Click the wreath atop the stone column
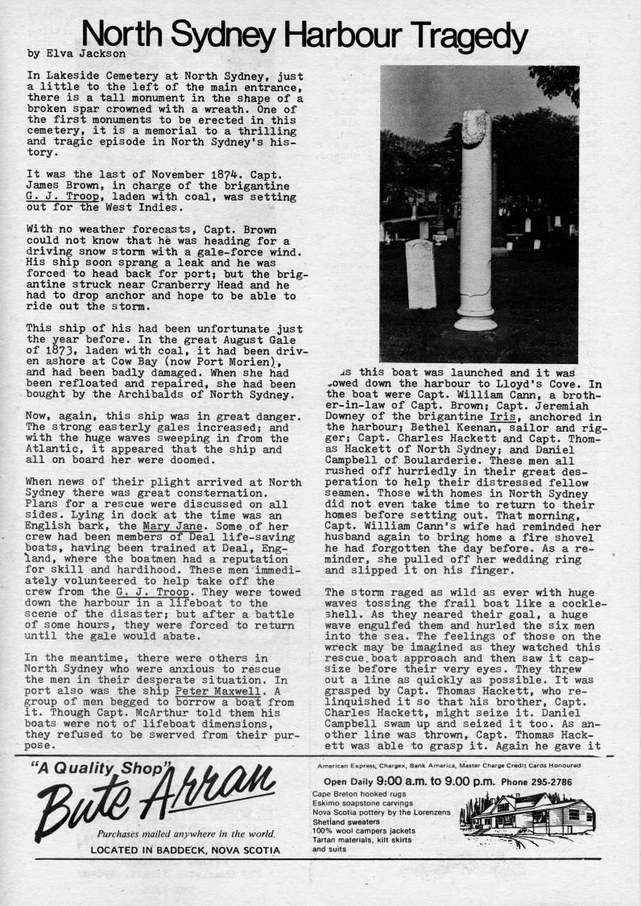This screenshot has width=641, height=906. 474,128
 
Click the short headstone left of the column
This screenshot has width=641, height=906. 421,273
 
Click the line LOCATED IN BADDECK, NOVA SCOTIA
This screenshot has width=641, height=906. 185,850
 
